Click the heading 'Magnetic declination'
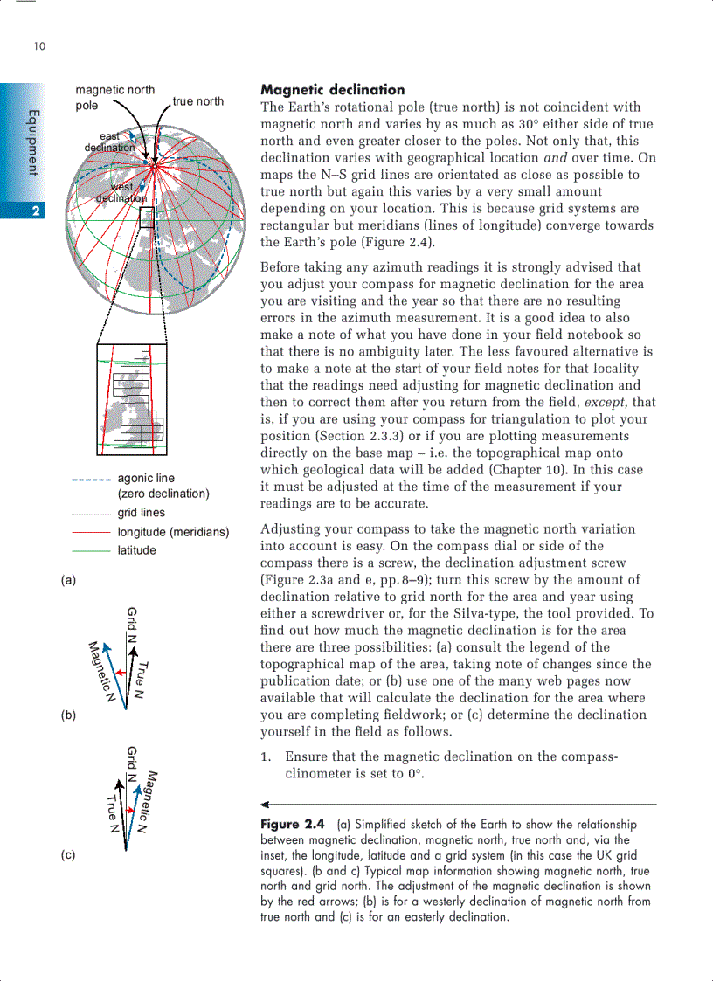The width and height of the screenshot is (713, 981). pos(333,90)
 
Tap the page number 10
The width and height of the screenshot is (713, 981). pos(39,46)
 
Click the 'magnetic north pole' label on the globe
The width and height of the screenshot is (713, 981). pos(114,97)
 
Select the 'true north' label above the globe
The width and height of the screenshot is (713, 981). pos(197,101)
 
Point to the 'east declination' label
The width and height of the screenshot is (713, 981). pos(109,142)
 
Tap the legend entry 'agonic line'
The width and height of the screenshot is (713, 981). pos(146,478)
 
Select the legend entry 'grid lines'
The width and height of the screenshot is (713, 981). pos(141,513)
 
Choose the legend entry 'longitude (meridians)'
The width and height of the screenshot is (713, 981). pos(173,532)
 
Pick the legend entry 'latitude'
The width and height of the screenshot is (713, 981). pos(137,550)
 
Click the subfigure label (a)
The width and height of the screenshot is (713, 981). pos(68,579)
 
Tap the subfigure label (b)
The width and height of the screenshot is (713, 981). pos(68,715)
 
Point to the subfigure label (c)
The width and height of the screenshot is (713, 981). pos(68,855)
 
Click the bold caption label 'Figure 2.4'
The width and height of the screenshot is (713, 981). pos(293,825)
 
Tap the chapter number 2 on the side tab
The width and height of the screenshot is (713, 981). pos(35,211)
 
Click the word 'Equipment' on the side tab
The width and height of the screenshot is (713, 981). pos(33,142)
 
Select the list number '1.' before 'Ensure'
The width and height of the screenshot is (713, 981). pos(267,757)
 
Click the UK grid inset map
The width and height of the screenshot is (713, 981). pos(132,397)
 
